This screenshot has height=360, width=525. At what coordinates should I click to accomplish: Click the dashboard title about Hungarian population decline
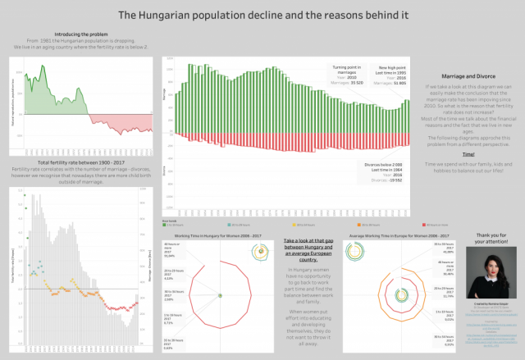coord(262,14)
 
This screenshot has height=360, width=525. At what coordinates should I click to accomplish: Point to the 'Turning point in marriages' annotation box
coord(348,74)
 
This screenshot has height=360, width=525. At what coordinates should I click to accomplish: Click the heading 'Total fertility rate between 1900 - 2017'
coord(75,162)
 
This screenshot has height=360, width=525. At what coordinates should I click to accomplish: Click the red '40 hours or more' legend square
coord(422,224)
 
